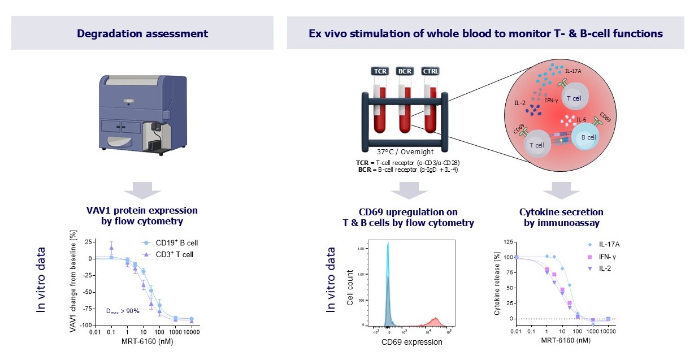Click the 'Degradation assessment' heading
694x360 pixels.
[142, 33]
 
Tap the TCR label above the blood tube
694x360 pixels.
[379, 71]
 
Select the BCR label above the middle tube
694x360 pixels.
[405, 71]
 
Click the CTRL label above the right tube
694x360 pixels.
[431, 71]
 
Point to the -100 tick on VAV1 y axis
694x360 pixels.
[85, 326]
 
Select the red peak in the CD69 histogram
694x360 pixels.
[435, 321]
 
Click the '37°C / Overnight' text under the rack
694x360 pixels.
[405, 151]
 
